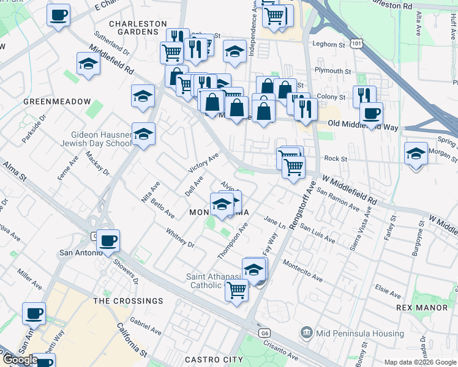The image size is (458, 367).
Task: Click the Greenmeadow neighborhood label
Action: [57, 101]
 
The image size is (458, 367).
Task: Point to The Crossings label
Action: [128, 301]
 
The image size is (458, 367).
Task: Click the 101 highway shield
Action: [357, 42]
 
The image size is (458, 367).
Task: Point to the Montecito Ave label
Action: [302, 270]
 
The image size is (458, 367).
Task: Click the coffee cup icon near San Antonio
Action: [108, 241]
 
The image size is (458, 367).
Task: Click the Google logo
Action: [20, 360]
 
